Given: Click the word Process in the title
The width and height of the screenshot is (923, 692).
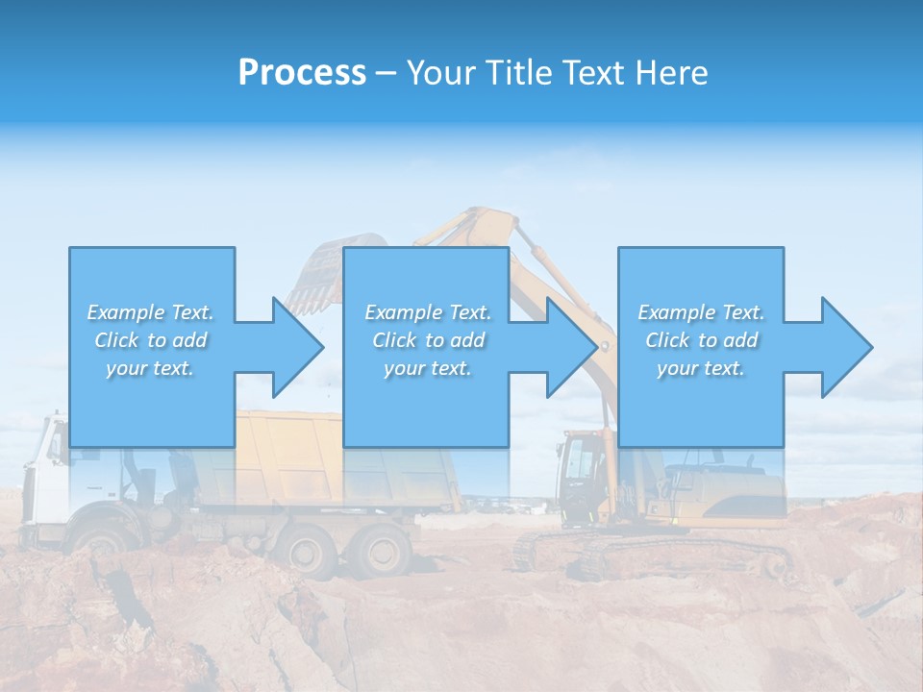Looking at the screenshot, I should pyautogui.click(x=302, y=72).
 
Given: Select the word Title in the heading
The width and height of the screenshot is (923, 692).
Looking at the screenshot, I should pyautogui.click(x=516, y=72).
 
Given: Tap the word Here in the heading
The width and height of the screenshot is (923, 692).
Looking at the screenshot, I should pyautogui.click(x=670, y=72).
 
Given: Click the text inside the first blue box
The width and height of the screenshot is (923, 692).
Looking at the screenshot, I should pyautogui.click(x=150, y=340).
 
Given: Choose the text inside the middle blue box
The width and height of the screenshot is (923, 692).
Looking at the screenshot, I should pyautogui.click(x=427, y=340).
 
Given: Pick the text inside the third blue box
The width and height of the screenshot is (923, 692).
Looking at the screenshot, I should pyautogui.click(x=700, y=340).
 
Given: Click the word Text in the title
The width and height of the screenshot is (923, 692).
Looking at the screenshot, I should pyautogui.click(x=593, y=72).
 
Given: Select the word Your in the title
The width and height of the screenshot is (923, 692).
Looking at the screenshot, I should pyautogui.click(x=441, y=72).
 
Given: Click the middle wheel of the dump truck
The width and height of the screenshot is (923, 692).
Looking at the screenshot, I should pyautogui.click(x=308, y=552).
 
